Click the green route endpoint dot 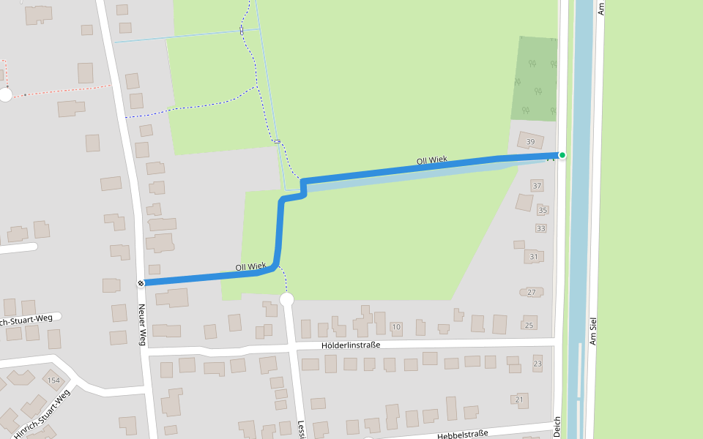562,154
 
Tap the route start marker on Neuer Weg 141,283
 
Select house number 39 531,142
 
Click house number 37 537,186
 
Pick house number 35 543,211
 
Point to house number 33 540,229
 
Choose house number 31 534,257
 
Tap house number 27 532,293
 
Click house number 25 529,325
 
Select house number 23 538,364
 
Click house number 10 396,326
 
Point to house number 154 53,381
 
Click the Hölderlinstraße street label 351,345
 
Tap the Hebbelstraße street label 462,435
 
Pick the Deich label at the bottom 557,428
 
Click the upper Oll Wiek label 431,160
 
